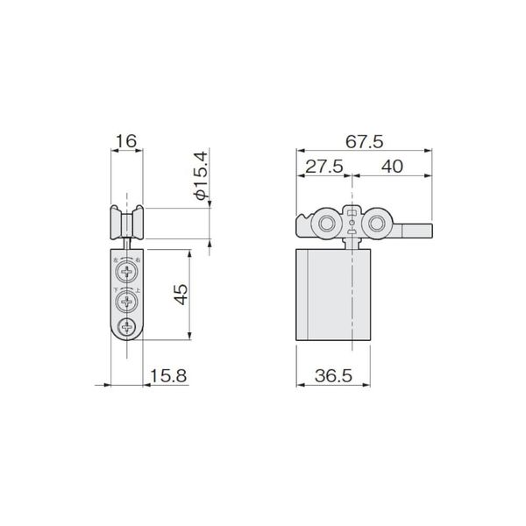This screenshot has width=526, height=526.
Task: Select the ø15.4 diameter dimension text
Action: [200, 177]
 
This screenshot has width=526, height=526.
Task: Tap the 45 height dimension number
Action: [179, 295]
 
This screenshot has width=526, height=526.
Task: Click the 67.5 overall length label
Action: [365, 140]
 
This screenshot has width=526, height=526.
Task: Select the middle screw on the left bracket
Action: [128, 302]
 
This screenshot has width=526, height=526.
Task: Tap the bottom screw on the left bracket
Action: [128, 330]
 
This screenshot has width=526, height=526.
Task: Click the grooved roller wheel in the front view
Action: [128, 223]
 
